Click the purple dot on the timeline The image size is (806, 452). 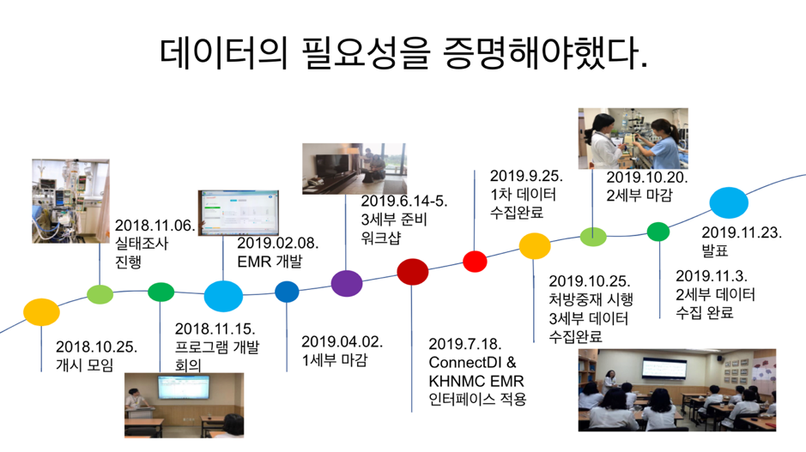click(347, 283)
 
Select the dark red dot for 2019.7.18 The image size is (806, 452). click(412, 272)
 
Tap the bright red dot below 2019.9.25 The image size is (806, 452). click(475, 262)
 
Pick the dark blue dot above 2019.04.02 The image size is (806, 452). click(287, 292)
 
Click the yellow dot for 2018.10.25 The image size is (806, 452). click(41, 312)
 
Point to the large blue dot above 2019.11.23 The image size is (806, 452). click(729, 203)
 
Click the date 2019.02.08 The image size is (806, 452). click(277, 243)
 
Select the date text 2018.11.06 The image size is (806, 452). click(155, 226)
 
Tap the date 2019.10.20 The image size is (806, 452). click(646, 178)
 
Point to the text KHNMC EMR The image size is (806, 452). click(476, 381)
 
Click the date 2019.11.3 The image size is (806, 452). click(712, 276)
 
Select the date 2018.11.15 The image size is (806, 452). click(215, 328)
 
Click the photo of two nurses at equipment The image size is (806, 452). click(633, 138)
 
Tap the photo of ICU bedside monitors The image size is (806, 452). click(70, 201)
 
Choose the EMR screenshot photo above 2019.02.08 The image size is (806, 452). click(239, 214)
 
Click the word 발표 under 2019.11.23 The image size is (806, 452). click(715, 250)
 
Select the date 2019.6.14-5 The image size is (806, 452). click(404, 201)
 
